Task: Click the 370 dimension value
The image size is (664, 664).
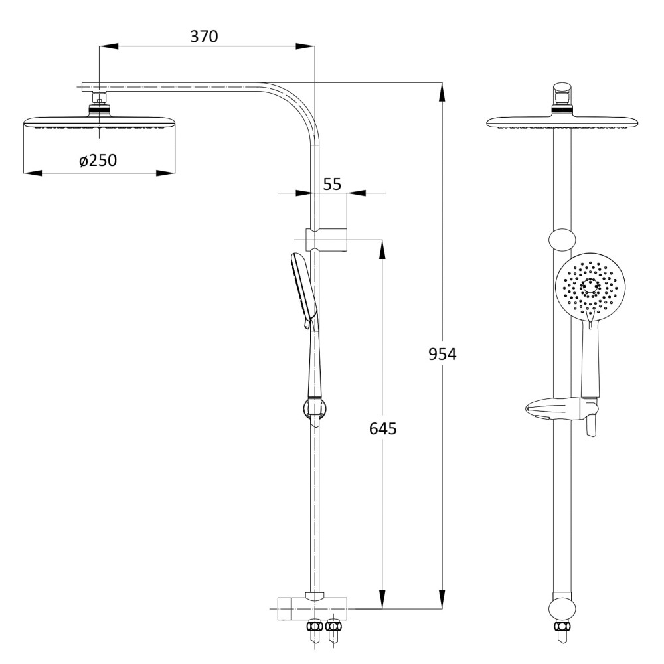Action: tap(204, 37)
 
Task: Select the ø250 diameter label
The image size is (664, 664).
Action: tap(98, 161)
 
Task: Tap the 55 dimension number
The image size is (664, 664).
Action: tap(332, 184)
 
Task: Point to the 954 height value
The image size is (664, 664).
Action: tap(442, 354)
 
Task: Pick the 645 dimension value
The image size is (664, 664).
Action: tap(383, 428)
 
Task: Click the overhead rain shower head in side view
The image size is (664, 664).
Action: tap(99, 122)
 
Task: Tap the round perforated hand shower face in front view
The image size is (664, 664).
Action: tap(584, 284)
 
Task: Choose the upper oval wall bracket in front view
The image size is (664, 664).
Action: tap(562, 240)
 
